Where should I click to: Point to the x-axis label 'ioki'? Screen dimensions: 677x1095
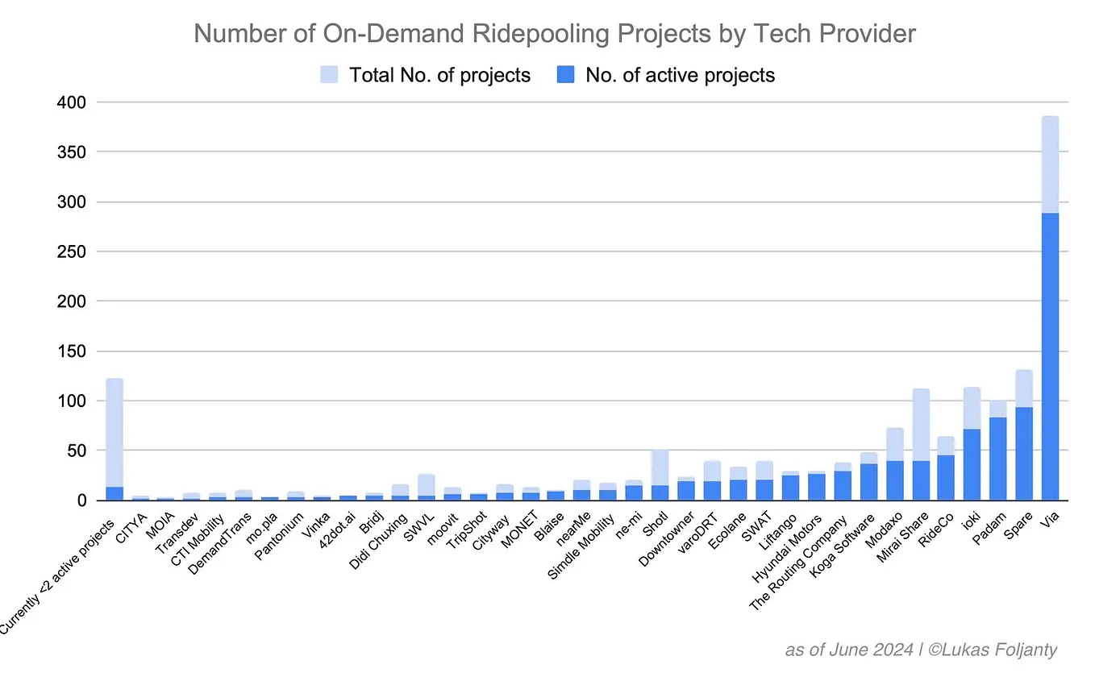(x=968, y=521)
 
